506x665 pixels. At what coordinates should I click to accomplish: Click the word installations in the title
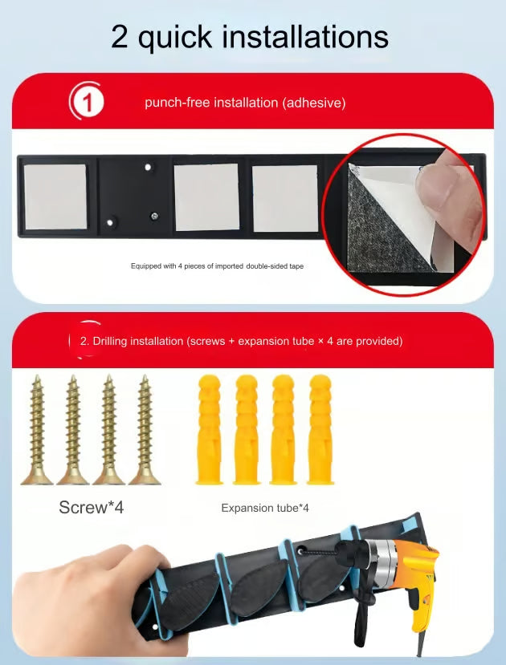[305, 36]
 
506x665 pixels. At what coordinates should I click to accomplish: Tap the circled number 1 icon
[87, 101]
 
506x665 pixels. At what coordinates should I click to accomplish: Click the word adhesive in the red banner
[314, 103]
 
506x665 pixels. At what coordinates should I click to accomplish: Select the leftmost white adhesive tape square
[55, 197]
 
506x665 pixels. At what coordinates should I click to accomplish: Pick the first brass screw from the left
[38, 430]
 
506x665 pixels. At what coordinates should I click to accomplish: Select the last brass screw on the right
[145, 430]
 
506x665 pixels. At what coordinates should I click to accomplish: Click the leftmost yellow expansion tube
[210, 429]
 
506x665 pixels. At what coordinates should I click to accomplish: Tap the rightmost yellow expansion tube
[320, 429]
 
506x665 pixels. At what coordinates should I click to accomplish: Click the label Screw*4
[92, 507]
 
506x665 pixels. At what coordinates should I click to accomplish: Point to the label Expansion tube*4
[265, 508]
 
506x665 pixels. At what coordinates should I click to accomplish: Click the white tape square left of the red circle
[285, 198]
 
